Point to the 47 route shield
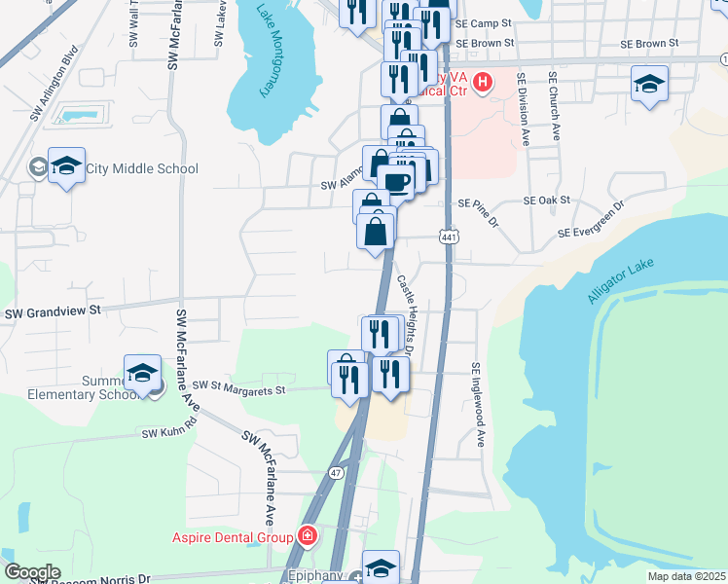[336, 472]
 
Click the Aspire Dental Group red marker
[308, 536]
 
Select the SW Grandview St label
[54, 312]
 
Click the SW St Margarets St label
[238, 389]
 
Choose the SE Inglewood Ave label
[477, 405]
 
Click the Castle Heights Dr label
[407, 313]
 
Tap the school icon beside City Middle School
[66, 167]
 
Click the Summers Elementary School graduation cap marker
[142, 373]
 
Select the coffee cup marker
[395, 181]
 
